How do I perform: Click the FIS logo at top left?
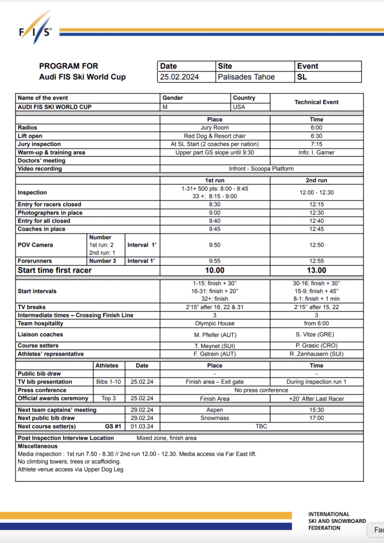36,31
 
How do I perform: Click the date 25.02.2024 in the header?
180,77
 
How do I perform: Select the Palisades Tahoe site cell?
246,77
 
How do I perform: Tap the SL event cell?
302,77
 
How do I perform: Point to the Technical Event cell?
316,102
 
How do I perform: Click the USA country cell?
239,107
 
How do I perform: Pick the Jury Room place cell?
215,128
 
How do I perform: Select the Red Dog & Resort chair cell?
215,136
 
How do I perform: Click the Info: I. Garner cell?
316,153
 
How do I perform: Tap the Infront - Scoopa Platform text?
262,169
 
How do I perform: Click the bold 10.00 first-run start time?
215,270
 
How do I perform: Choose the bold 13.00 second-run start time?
316,270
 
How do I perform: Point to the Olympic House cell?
215,323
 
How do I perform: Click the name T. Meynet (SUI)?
215,346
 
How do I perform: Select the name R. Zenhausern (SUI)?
316,354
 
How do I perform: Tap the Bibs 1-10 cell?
108,382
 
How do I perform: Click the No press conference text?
262,390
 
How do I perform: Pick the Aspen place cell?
215,410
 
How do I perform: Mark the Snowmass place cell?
215,418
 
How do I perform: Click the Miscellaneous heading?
38,446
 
